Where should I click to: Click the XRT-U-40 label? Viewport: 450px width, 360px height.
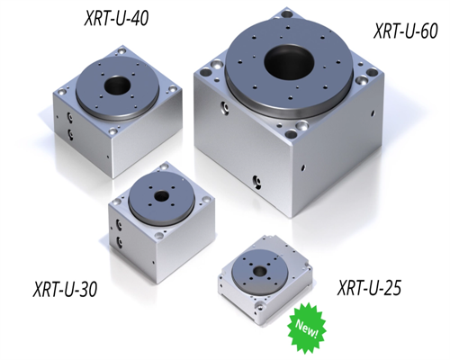tap(116, 19)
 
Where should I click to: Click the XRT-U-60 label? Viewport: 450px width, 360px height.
tap(406, 31)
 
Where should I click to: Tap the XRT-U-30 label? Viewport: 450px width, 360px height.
tap(65, 289)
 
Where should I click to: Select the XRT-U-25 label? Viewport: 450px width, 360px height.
tap(369, 287)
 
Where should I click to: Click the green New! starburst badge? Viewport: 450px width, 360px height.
tap(307, 325)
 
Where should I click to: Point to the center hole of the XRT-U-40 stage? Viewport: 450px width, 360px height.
tap(118, 85)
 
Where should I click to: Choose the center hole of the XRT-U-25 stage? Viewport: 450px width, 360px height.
tap(259, 272)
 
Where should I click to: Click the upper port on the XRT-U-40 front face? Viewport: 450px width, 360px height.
tap(70, 116)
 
